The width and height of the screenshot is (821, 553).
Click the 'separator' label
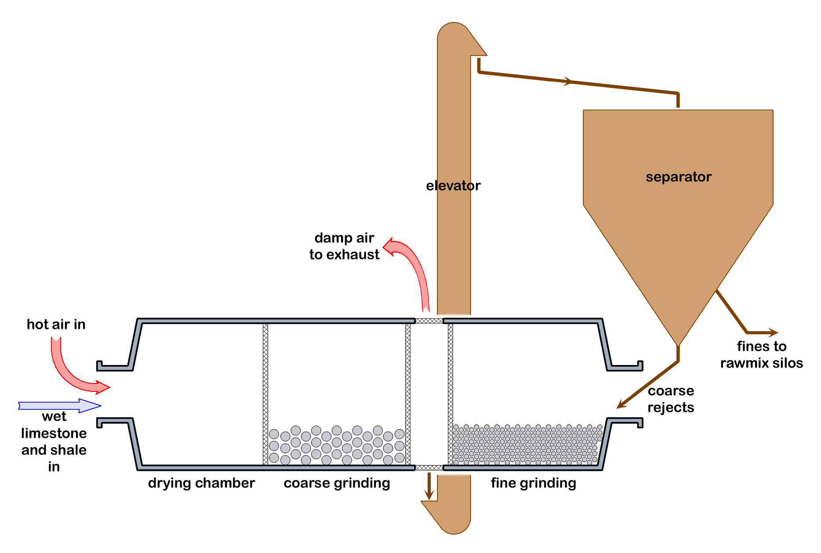tap(678, 177)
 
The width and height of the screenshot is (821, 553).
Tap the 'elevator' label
tap(453, 186)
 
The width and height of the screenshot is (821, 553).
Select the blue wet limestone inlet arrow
tap(59, 405)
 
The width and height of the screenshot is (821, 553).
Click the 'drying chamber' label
tap(201, 483)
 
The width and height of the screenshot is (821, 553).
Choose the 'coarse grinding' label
tap(337, 483)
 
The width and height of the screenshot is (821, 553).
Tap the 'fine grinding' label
tap(533, 483)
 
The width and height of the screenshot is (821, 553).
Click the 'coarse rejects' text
tap(671, 399)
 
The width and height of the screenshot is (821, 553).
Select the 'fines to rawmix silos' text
tap(761, 354)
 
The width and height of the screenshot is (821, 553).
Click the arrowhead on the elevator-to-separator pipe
tap(568, 81)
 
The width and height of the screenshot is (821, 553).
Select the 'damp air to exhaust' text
tap(344, 246)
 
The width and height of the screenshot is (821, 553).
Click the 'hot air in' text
tap(56, 325)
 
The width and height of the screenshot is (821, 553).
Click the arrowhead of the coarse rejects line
tap(621, 405)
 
